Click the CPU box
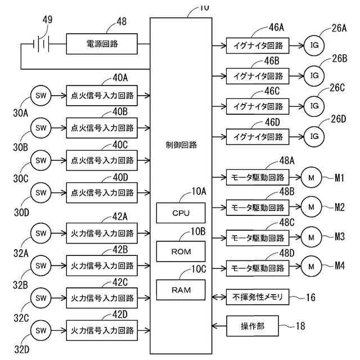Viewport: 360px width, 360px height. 181,213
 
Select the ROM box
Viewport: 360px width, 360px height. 181,251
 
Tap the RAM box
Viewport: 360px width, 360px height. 181,290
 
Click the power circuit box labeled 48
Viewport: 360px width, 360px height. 102,44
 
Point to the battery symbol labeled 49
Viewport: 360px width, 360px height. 41,44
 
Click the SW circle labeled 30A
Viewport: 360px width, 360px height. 41,96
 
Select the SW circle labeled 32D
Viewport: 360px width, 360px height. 41,330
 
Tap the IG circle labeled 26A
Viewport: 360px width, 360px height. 314,45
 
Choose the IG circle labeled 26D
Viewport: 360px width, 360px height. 314,136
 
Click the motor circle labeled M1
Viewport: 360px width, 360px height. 311,177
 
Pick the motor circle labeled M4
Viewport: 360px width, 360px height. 311,266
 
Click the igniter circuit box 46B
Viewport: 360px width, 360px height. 258,76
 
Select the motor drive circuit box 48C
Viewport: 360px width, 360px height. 258,238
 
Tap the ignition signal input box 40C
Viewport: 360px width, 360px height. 102,160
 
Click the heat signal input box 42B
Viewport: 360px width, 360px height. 102,265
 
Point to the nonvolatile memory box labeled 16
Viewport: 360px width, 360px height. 258,297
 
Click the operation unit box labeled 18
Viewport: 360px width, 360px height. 253,326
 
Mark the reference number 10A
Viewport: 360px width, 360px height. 199,191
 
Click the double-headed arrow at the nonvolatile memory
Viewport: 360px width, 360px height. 219,297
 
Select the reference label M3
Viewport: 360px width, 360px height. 340,236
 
